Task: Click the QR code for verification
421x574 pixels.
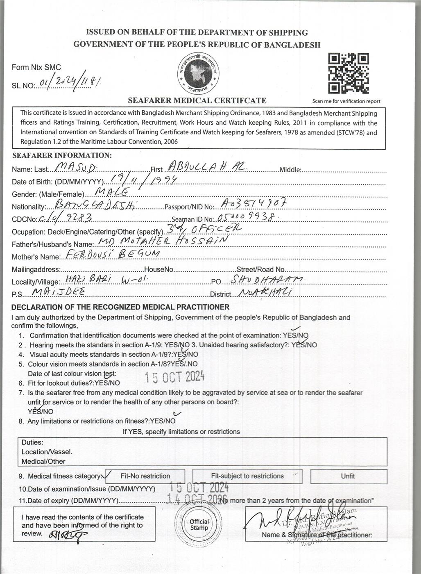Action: pyautogui.click(x=349, y=73)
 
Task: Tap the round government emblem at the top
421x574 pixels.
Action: pyautogui.click(x=198, y=73)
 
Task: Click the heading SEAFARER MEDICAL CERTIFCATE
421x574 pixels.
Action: pyautogui.click(x=197, y=100)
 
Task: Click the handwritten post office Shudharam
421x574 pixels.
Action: pyautogui.click(x=267, y=279)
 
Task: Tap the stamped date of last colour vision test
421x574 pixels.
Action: pyautogui.click(x=175, y=376)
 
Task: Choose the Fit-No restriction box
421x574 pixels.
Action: pyautogui.click(x=145, y=476)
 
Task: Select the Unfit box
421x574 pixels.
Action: pyautogui.click(x=348, y=476)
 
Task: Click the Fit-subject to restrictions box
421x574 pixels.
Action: pyautogui.click(x=247, y=476)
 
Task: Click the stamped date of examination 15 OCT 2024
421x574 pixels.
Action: pyautogui.click(x=199, y=487)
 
